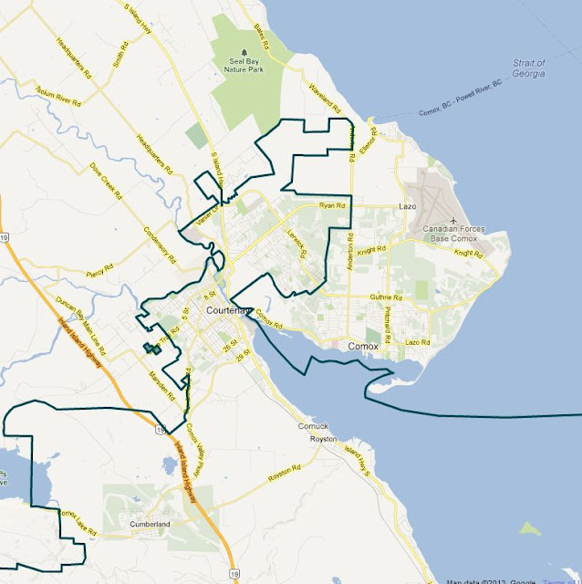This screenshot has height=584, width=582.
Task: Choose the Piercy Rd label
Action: click(97, 270)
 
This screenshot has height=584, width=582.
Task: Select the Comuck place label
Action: click(311, 426)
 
